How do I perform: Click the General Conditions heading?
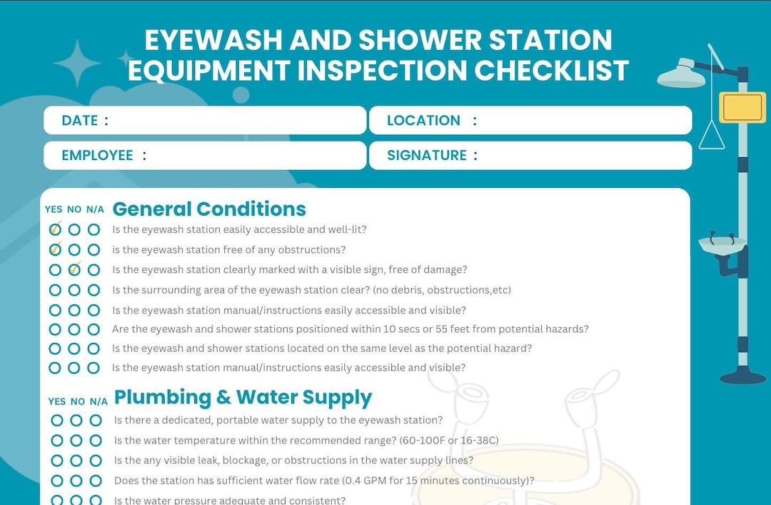tap(209, 209)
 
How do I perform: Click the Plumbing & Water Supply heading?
tap(243, 397)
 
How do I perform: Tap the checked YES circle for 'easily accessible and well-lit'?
tap(55, 230)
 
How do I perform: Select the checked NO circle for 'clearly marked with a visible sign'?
tap(74, 270)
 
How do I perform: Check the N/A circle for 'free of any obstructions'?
tap(94, 250)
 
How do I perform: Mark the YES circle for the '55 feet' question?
tap(55, 329)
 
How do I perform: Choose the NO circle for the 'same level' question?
tap(74, 349)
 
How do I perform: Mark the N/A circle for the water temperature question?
tap(96, 440)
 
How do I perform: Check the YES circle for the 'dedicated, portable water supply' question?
tap(57, 420)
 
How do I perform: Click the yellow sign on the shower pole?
tap(742, 107)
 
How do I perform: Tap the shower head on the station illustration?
tap(680, 75)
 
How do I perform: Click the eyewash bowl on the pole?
tap(721, 245)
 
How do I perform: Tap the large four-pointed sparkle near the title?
tap(77, 63)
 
